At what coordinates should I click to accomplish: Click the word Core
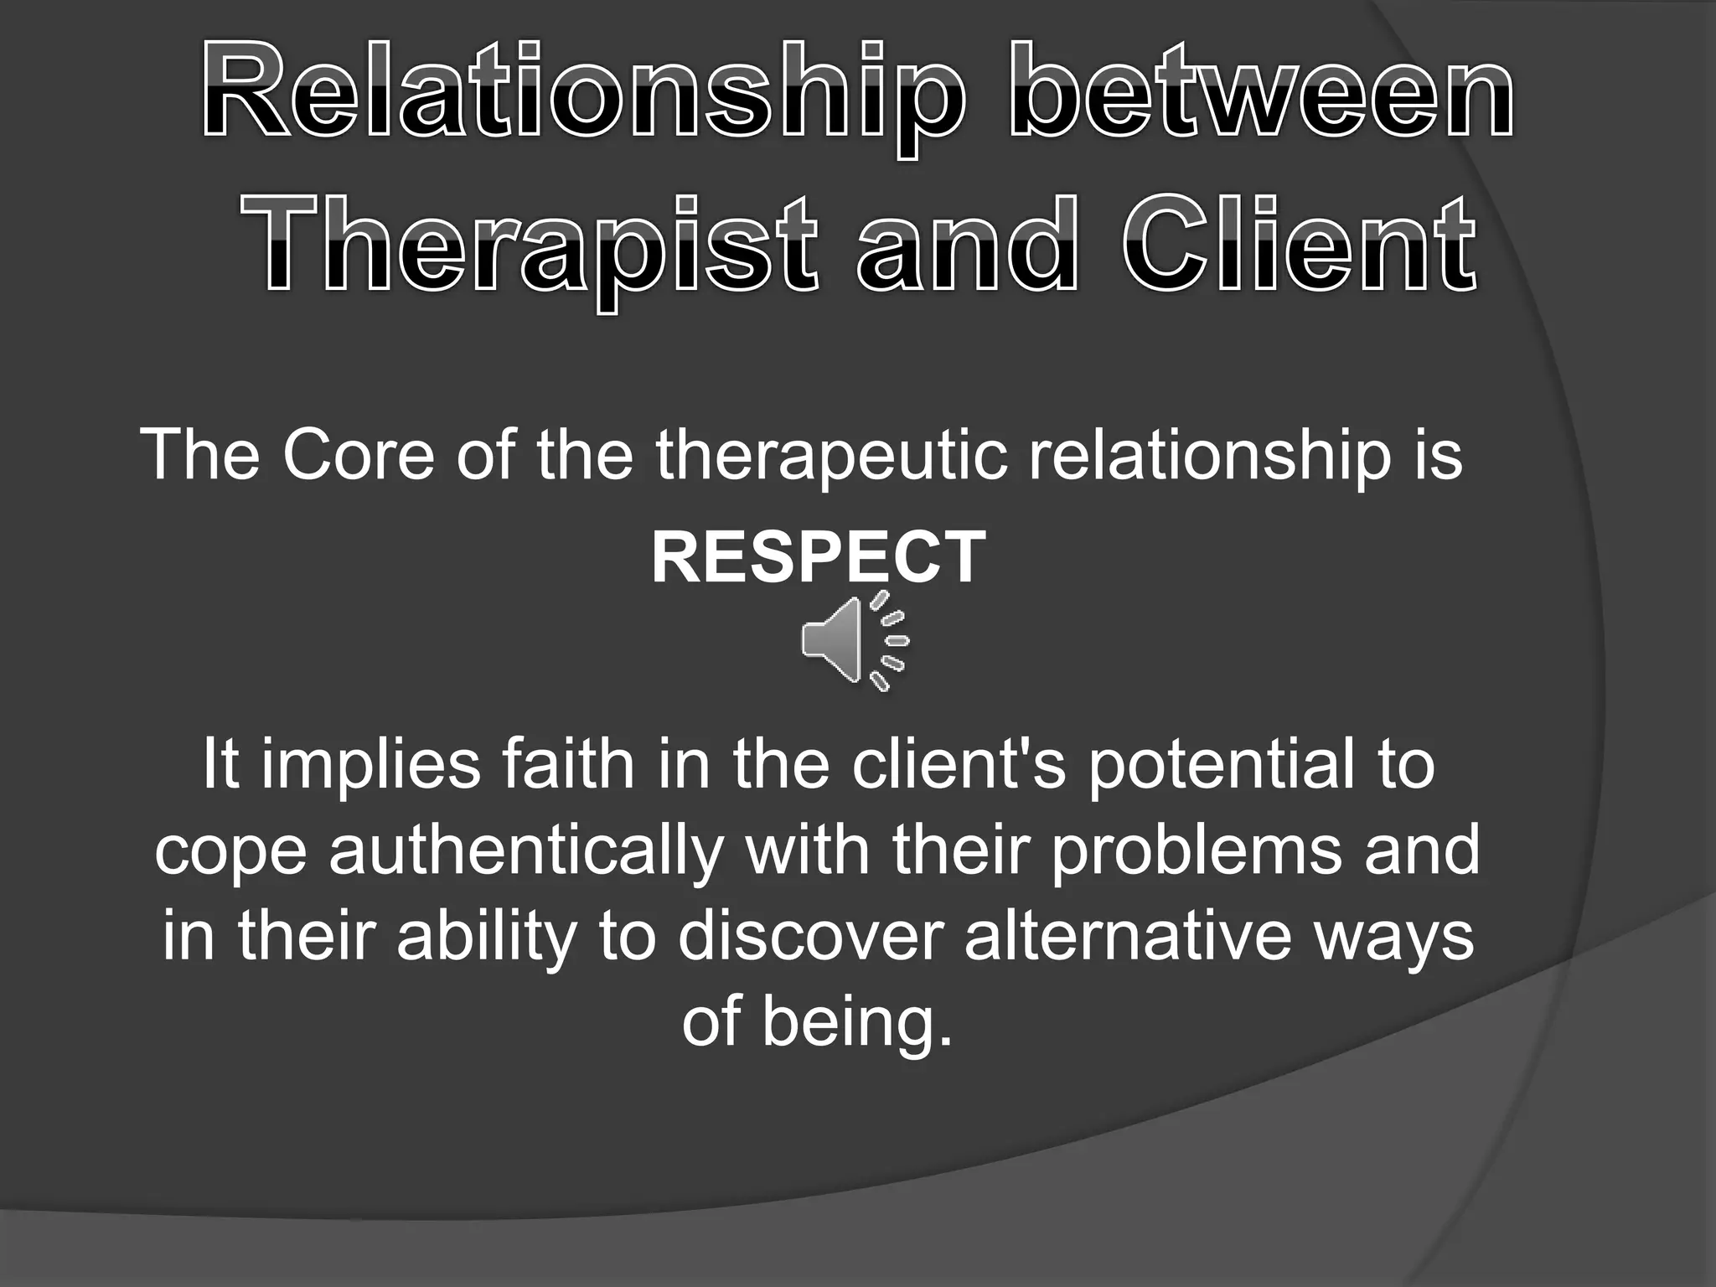pos(359,455)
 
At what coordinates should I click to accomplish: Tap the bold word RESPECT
pos(819,557)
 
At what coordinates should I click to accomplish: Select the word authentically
pos(525,852)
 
